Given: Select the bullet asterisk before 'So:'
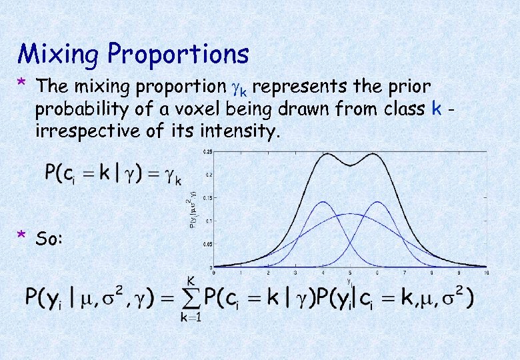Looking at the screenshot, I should click(22, 236).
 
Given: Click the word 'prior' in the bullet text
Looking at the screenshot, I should click(408, 87).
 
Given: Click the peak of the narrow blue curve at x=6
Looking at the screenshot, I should click(378, 201).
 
